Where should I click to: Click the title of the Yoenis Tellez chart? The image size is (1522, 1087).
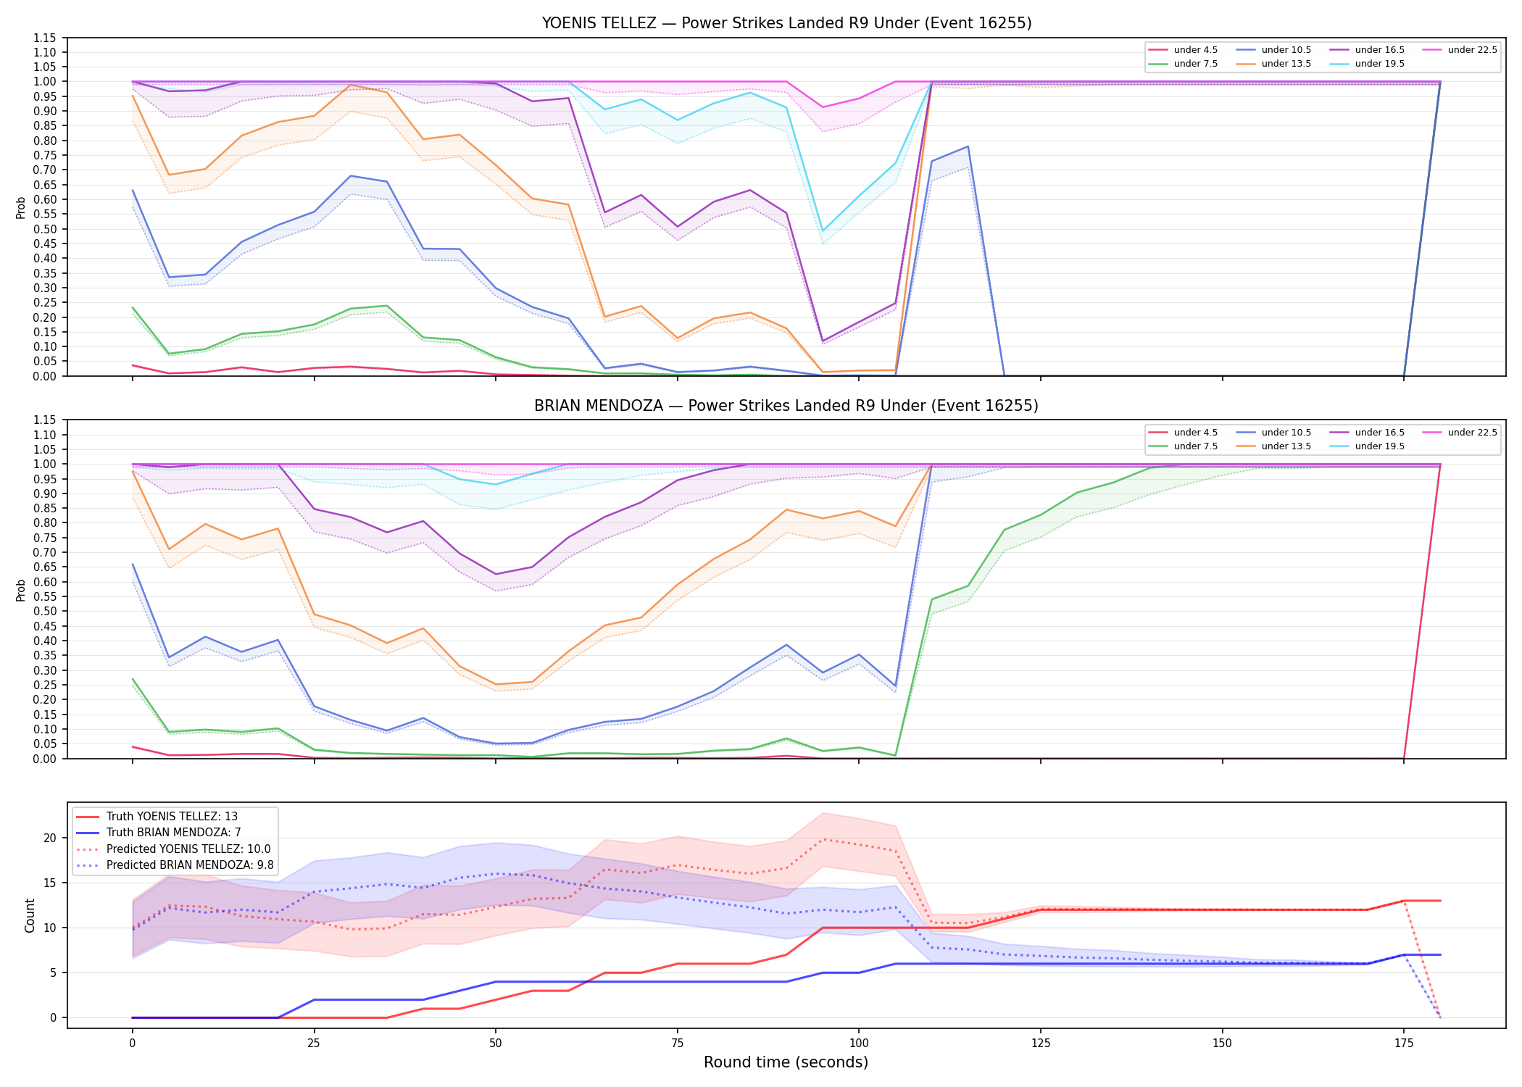point(786,23)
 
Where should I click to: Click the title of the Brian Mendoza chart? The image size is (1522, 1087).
point(786,406)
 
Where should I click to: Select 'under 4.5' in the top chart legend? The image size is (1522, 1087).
point(1195,50)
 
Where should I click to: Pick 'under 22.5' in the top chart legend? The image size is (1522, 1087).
point(1472,50)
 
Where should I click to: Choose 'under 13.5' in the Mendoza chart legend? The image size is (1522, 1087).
point(1286,446)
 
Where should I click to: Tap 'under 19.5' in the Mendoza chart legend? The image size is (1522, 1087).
point(1379,446)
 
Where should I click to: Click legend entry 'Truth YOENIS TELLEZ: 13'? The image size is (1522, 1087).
point(172,817)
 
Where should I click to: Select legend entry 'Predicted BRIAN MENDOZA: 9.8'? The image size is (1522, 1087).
point(190,865)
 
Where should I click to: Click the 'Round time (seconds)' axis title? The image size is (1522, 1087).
point(786,1062)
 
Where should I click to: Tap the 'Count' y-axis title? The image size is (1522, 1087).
point(30,915)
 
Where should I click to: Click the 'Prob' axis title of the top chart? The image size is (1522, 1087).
point(21,207)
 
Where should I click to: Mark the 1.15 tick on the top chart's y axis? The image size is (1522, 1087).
point(46,38)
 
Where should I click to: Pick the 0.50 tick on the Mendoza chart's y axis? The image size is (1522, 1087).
point(46,611)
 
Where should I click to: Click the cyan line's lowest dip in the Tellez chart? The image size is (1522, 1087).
point(823,231)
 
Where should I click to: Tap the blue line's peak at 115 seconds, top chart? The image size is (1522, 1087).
point(968,146)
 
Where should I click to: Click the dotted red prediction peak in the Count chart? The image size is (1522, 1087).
point(823,839)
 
